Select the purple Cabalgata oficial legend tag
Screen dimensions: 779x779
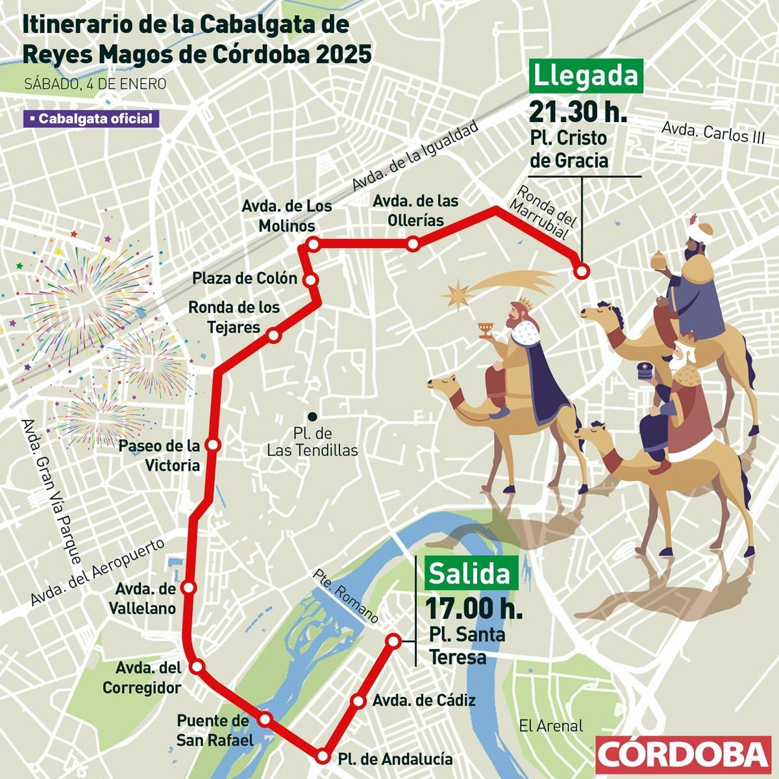pyautogui.click(x=90, y=119)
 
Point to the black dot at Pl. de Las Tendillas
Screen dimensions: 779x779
pyautogui.click(x=312, y=417)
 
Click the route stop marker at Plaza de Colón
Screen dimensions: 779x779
pyautogui.click(x=311, y=280)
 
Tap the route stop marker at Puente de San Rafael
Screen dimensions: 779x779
pyautogui.click(x=265, y=719)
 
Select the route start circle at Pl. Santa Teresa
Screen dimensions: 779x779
pyautogui.click(x=393, y=641)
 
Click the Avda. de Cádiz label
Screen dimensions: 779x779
pyautogui.click(x=425, y=700)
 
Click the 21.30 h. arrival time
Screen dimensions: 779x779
pyautogui.click(x=578, y=112)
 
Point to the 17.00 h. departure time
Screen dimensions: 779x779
pyautogui.click(x=474, y=609)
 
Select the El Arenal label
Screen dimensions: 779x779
pyautogui.click(x=551, y=726)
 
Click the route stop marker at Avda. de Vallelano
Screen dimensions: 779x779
pyautogui.click(x=189, y=587)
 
